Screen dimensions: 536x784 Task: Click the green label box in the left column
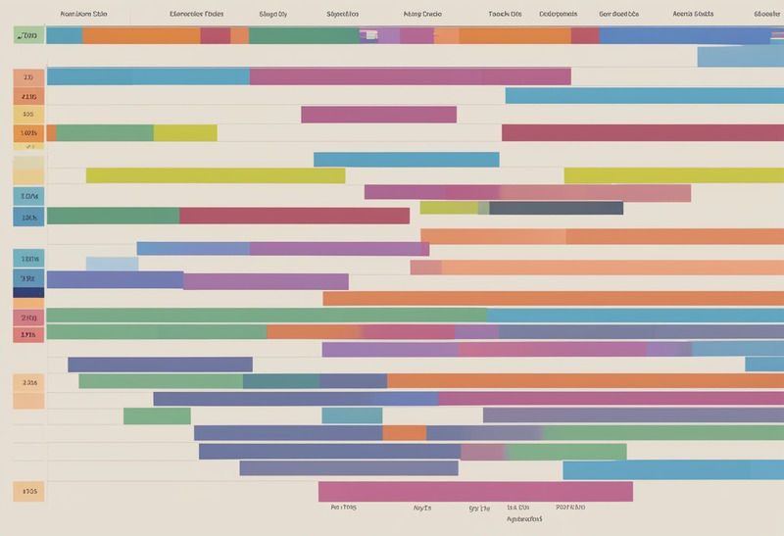pos(28,35)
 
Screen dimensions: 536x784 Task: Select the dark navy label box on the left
pos(28,291)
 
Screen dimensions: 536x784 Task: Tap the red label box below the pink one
pos(28,334)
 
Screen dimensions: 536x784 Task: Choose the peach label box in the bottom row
pos(28,490)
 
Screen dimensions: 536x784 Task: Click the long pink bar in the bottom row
pos(475,491)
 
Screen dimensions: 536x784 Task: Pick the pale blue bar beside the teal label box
pos(112,263)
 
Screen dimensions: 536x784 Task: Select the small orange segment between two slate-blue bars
pos(404,432)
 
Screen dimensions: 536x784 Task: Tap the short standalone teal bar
pos(352,415)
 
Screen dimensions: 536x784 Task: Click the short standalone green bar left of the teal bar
pos(157,415)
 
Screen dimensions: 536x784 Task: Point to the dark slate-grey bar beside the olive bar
pos(556,208)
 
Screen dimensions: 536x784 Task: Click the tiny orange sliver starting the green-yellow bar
pos(51,132)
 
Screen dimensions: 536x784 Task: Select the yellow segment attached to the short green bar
pos(185,132)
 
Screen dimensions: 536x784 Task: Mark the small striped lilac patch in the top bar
pos(368,35)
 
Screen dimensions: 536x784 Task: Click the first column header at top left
pos(83,15)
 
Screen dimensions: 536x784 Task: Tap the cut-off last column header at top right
pos(767,15)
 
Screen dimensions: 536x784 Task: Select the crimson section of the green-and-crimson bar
pos(294,216)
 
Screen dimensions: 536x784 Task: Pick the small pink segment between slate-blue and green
pos(483,452)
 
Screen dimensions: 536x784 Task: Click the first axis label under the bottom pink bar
pos(343,508)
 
